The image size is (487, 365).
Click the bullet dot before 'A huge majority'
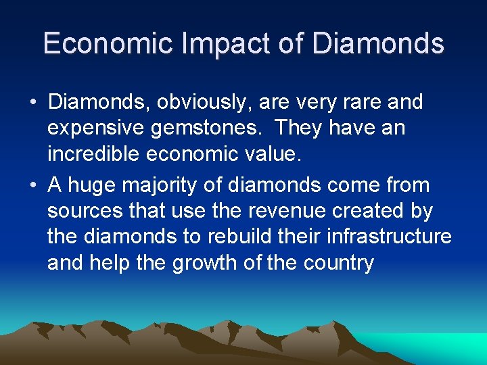click(33, 185)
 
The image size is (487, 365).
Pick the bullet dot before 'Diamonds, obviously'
click(33, 103)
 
